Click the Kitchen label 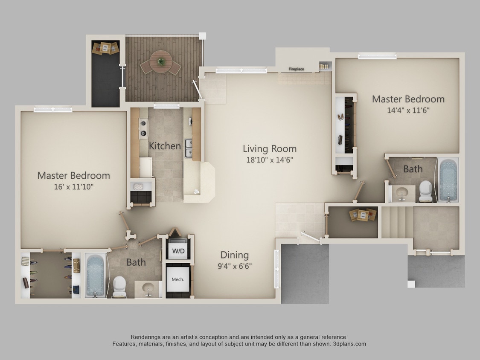pos(165,146)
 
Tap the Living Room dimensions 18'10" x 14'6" pos(269,160)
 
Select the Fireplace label pos(296,69)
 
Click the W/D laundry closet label pos(178,251)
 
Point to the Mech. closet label pos(178,279)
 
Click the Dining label pos(234,255)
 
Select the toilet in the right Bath pos(425,190)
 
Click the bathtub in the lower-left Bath pos(95,275)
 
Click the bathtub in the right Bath pos(448,180)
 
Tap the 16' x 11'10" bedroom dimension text pos(73,186)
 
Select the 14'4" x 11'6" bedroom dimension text pos(408,110)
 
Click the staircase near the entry pos(397,222)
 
